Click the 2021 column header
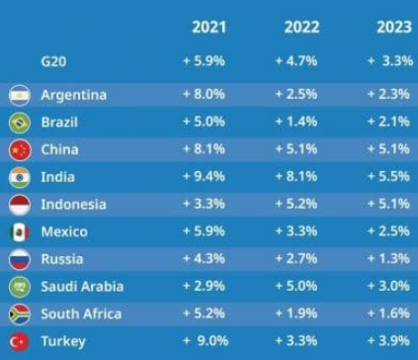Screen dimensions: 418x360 click(209, 27)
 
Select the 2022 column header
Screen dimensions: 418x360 click(301, 27)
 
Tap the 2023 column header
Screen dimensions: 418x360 click(394, 27)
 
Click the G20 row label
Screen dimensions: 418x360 click(53, 61)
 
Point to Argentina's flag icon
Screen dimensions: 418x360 click(20, 95)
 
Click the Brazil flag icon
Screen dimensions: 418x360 click(20, 123)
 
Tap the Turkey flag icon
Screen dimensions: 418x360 click(20, 342)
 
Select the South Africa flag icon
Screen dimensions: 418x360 click(20, 315)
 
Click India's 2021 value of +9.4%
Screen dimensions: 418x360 click(204, 176)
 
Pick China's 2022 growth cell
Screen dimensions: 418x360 click(296, 149)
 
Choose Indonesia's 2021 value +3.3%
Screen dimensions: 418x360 click(204, 204)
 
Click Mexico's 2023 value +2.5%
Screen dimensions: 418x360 click(388, 231)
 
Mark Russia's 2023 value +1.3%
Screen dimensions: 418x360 click(388, 258)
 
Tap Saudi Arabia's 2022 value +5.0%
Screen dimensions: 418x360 click(296, 286)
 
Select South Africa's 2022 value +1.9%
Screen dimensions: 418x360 click(296, 314)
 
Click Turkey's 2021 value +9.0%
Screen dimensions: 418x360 click(206, 340)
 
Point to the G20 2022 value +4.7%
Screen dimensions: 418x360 click(296, 61)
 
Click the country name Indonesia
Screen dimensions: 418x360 click(73, 205)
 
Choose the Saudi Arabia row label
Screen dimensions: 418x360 click(82, 287)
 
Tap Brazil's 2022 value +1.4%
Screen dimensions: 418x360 click(296, 122)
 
